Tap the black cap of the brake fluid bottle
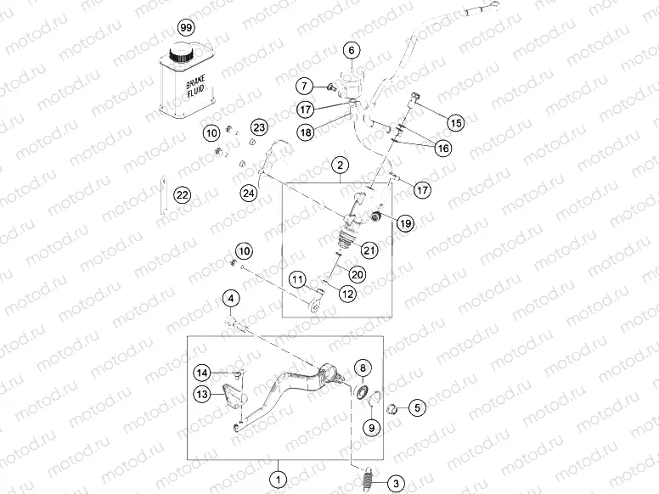[x=180, y=54]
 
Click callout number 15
[x=456, y=122]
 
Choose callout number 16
[x=442, y=149]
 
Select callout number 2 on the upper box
[x=340, y=165]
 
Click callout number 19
[x=404, y=223]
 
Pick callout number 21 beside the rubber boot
[x=369, y=249]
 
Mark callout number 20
[x=357, y=274]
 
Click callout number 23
[x=259, y=127]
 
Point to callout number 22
[x=182, y=194]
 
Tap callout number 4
[x=230, y=298]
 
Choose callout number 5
[x=416, y=407]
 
